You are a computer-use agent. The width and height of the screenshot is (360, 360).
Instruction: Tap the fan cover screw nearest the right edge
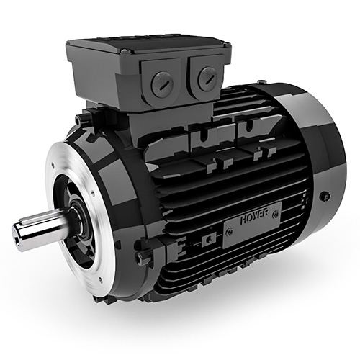pos(325,195)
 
